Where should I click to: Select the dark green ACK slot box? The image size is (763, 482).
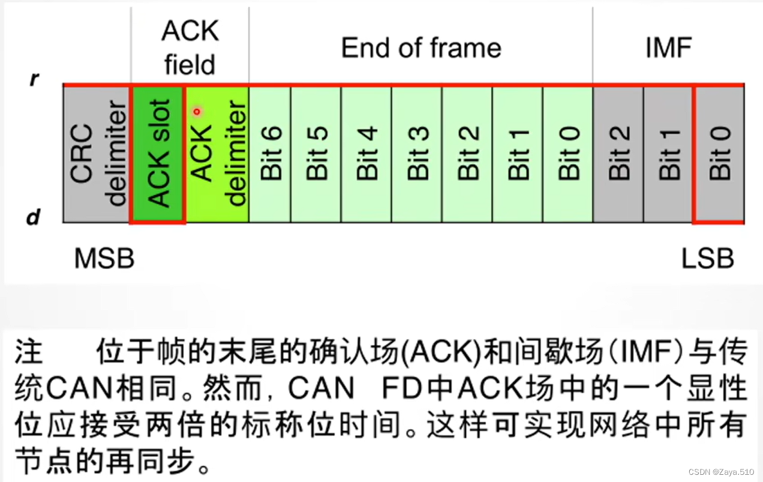pyautogui.click(x=158, y=154)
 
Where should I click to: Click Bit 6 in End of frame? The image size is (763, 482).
pyautogui.click(x=270, y=154)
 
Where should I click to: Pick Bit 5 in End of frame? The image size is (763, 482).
pyautogui.click(x=316, y=154)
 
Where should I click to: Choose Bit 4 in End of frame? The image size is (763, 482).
pyautogui.click(x=367, y=154)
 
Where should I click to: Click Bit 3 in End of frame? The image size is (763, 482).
pyautogui.click(x=417, y=154)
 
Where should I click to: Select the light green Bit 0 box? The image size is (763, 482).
pyautogui.click(x=567, y=154)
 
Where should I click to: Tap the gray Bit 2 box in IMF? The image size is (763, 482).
pyautogui.click(x=618, y=154)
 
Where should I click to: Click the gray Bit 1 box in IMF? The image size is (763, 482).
pyautogui.click(x=668, y=154)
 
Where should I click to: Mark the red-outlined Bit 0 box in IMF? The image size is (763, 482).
pyautogui.click(x=719, y=154)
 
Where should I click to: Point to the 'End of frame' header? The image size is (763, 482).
pyautogui.click(x=421, y=48)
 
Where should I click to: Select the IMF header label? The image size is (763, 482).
pyautogui.click(x=668, y=48)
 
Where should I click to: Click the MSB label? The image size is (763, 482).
pyautogui.click(x=104, y=259)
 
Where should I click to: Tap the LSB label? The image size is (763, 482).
pyautogui.click(x=707, y=259)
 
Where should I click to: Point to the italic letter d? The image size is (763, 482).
pyautogui.click(x=34, y=217)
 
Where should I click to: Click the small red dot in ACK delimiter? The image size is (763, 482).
pyautogui.click(x=196, y=111)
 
